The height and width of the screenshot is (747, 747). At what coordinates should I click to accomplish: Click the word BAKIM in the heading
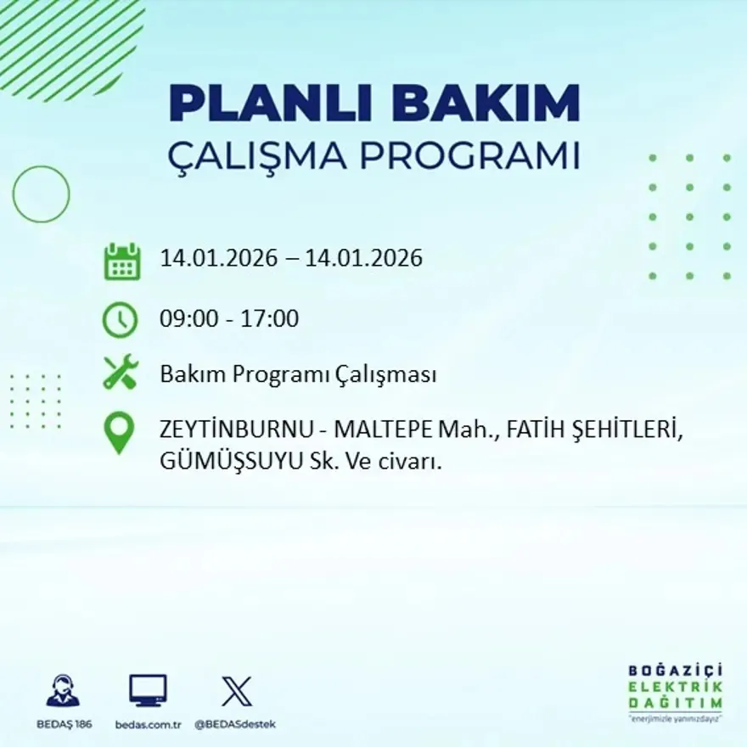[487, 104]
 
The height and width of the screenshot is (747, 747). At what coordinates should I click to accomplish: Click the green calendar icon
[122, 261]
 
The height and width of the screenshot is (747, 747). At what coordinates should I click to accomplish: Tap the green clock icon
[120, 320]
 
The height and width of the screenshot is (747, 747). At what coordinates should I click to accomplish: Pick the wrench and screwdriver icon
[120, 373]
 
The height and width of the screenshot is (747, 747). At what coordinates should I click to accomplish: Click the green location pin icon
[120, 432]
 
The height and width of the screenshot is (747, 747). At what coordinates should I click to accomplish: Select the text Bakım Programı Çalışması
[298, 374]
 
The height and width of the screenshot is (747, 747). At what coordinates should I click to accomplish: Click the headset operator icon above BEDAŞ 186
[63, 691]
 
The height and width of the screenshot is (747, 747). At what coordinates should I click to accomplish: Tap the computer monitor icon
[148, 691]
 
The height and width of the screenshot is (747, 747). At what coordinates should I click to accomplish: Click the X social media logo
[236, 691]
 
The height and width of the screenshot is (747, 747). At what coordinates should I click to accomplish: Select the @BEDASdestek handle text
[235, 724]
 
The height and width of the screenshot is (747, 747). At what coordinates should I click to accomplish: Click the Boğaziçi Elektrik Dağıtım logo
[675, 692]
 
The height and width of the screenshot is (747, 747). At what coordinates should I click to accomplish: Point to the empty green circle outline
[41, 194]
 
